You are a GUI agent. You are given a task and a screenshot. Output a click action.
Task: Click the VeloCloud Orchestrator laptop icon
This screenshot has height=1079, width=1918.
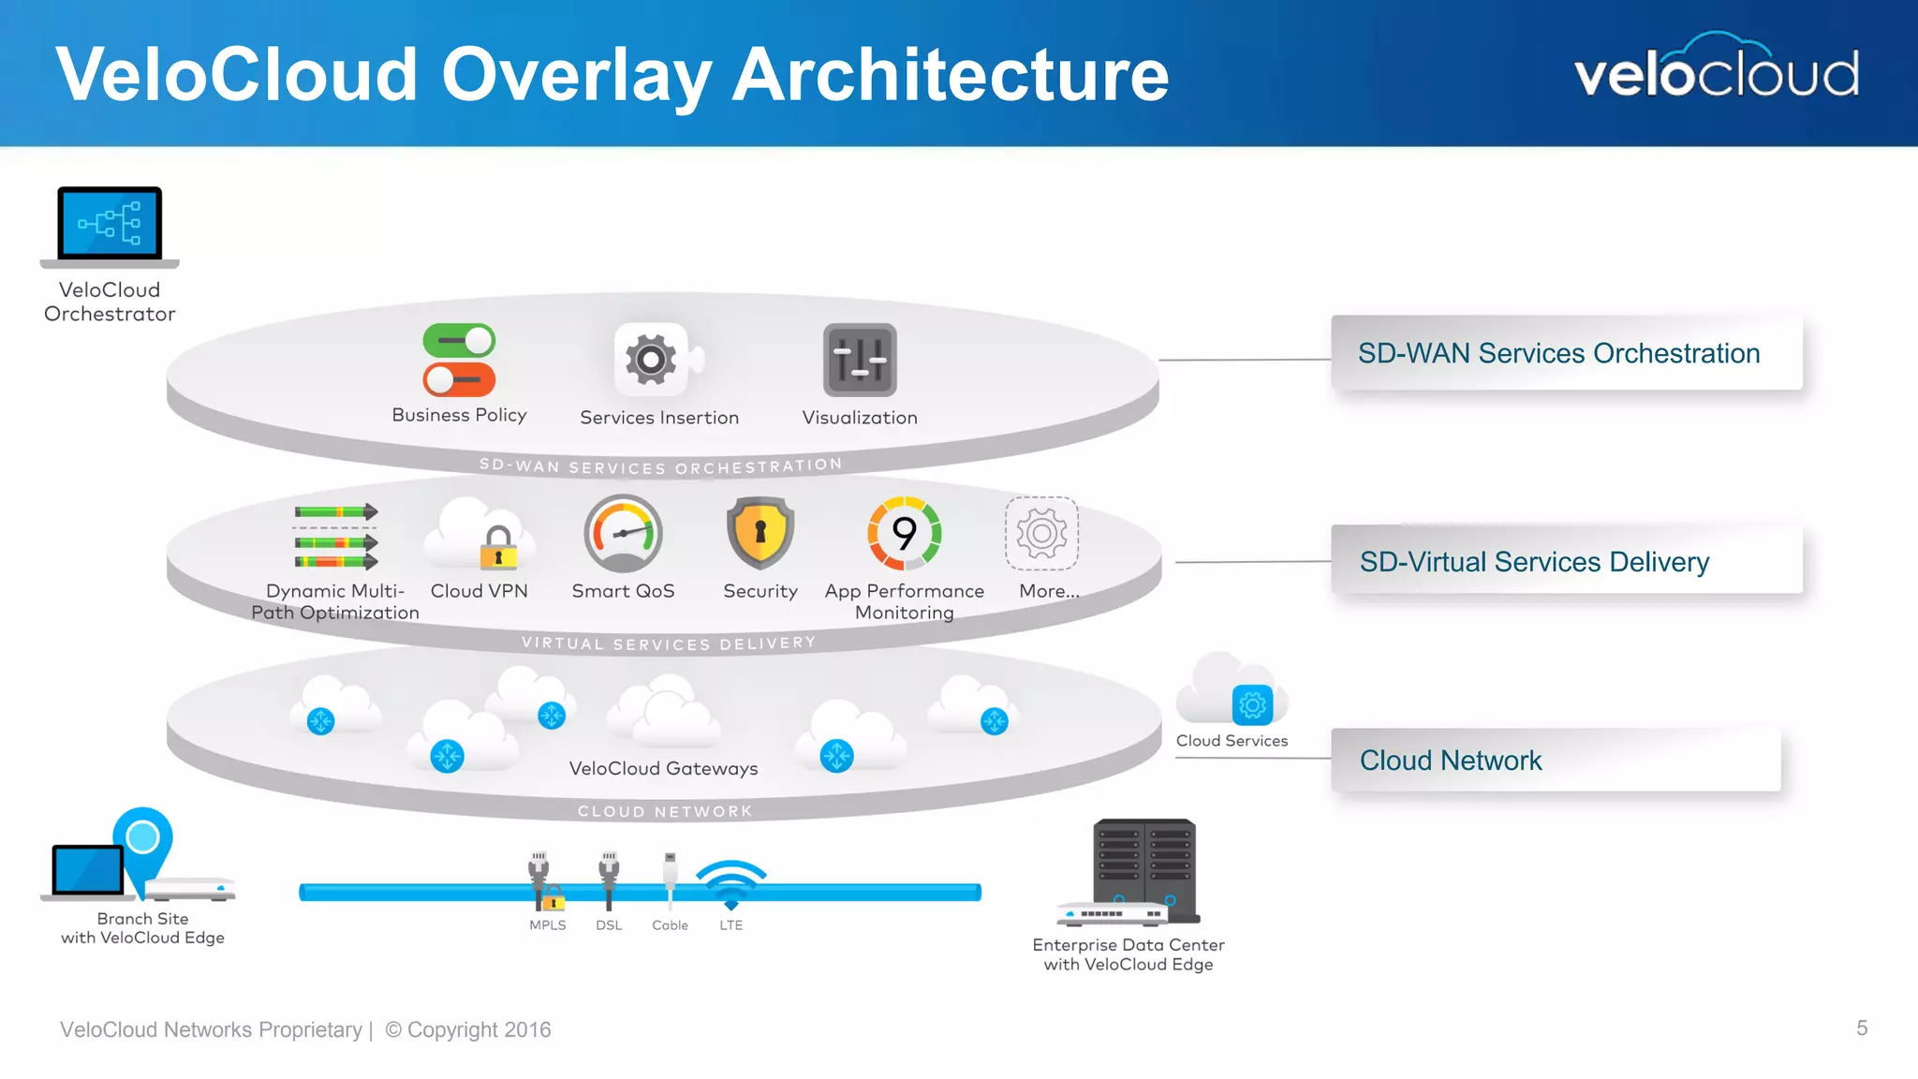point(110,225)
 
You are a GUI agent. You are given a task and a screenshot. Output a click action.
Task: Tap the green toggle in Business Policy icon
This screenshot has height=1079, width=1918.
point(459,341)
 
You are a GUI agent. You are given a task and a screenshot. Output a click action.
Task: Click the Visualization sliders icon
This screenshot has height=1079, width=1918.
point(860,361)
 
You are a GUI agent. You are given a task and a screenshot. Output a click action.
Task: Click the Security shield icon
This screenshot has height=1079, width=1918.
point(760,533)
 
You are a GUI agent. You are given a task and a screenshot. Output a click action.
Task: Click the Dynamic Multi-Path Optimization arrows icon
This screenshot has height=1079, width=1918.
point(335,537)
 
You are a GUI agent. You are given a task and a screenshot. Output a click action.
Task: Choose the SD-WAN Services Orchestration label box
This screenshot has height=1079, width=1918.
point(1566,353)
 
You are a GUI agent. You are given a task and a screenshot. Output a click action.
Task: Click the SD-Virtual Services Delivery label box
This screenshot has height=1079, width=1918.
point(1566,561)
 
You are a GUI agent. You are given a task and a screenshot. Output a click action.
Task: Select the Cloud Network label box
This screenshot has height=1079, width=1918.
point(1555,760)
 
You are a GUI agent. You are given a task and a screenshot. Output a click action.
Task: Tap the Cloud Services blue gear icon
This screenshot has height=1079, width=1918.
point(1252,705)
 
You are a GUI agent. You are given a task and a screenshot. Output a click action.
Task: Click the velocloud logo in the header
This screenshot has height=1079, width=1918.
point(1716,70)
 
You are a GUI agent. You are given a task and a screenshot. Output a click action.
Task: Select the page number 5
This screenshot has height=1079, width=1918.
point(1862,1028)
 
